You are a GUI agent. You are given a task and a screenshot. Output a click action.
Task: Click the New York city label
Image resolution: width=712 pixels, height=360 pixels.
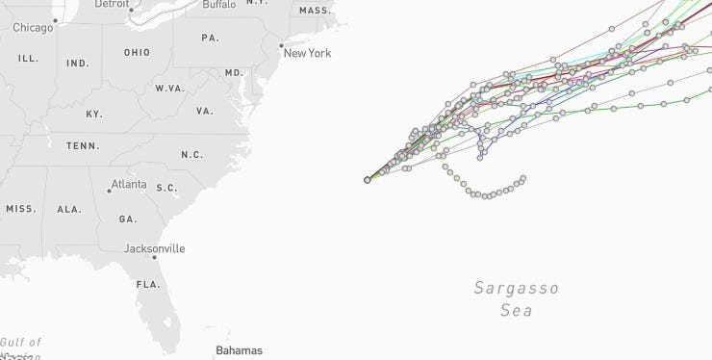[x=307, y=53]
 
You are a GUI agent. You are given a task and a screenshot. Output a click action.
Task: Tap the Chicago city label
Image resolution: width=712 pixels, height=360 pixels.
[x=33, y=28]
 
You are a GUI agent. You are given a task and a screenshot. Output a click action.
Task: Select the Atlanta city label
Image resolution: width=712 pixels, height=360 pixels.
[x=129, y=184]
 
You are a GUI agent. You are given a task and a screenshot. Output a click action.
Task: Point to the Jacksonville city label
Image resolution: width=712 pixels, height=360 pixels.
[x=155, y=248]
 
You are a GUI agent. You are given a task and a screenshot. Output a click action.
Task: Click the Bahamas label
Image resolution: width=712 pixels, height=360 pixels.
[x=239, y=350]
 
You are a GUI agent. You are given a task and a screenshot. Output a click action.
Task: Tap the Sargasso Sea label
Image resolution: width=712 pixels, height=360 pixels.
[x=517, y=298]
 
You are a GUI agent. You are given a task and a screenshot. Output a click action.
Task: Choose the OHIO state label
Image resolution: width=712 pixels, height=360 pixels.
[x=137, y=52]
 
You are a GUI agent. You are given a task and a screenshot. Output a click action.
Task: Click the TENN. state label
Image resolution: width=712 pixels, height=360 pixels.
[x=83, y=146]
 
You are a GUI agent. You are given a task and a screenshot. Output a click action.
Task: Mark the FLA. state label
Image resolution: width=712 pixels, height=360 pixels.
[x=148, y=285]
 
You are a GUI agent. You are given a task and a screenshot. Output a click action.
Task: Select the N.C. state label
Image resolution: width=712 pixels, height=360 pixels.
[x=191, y=155]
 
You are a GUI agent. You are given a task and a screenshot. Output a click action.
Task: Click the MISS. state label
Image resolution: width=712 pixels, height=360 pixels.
[x=21, y=209]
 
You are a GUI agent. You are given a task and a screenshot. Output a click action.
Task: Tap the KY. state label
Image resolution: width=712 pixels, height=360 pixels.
[x=94, y=115]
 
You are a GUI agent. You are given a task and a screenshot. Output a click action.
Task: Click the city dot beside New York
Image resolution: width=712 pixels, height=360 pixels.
[x=280, y=45]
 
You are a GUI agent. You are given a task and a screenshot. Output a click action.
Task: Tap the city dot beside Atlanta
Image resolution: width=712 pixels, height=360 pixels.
[x=109, y=191]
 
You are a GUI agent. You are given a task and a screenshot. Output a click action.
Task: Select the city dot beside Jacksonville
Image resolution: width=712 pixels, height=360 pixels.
[x=154, y=257]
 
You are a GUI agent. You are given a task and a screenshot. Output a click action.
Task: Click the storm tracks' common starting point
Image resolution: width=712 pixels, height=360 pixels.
[x=368, y=180]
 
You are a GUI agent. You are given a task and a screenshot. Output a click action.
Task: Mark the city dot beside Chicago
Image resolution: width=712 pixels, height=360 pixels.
[x=56, y=20]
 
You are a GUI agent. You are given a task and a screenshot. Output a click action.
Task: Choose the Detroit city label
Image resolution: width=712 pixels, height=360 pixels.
[x=112, y=4]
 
